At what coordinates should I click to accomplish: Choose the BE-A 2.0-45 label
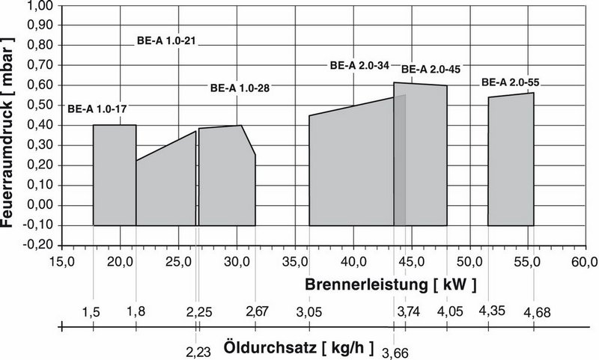(431, 70)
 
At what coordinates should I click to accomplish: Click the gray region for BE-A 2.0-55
(511, 161)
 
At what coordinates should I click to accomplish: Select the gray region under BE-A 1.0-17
(114, 176)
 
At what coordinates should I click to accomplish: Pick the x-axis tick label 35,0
(294, 262)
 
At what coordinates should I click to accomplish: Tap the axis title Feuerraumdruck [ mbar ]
(10, 123)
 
